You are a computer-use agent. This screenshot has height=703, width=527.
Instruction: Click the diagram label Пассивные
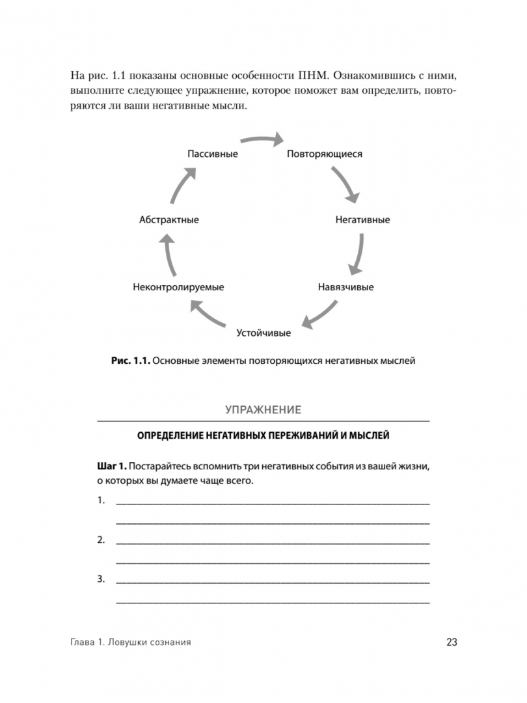pyautogui.click(x=212, y=154)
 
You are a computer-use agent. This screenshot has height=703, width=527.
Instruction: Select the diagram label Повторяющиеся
pyautogui.click(x=325, y=154)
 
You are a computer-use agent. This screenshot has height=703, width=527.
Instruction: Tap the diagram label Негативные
pyautogui.click(x=362, y=220)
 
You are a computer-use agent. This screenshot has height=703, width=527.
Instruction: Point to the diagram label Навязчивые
pyautogui.click(x=345, y=287)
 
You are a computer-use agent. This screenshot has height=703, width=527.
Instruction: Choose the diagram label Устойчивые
pyautogui.click(x=263, y=333)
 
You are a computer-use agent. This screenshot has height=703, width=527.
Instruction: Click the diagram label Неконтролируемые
pyautogui.click(x=178, y=287)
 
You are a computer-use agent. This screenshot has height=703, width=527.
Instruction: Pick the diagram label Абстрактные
pyautogui.click(x=169, y=220)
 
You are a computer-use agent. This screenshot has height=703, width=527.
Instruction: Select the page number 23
pyautogui.click(x=452, y=642)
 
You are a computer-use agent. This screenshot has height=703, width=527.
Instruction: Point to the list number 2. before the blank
pyautogui.click(x=101, y=540)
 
